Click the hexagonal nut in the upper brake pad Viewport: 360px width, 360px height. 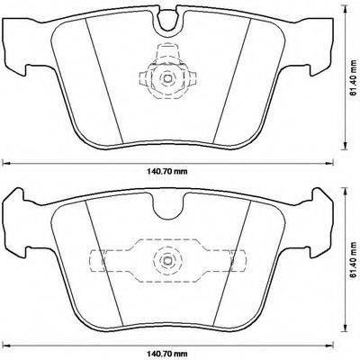pyautogui.click(x=166, y=78)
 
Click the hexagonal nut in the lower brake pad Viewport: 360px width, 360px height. pyautogui.click(x=166, y=260)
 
